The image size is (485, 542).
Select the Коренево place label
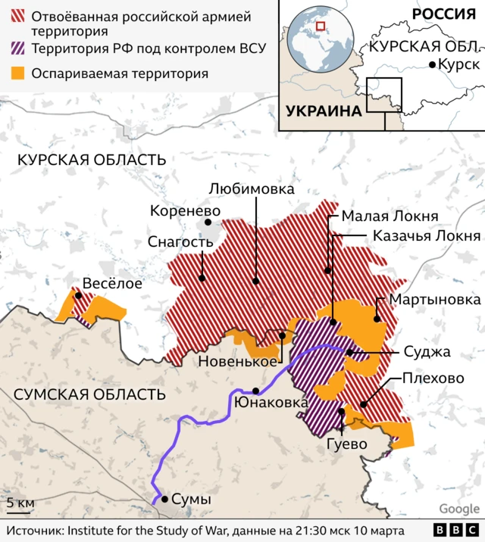[185, 211]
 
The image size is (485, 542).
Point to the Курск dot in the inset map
[432, 65]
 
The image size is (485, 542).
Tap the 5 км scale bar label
[21, 503]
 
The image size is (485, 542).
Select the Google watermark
[459, 509]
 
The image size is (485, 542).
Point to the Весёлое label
[112, 284]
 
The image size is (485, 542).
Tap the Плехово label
[433, 378]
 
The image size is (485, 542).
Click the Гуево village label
[347, 443]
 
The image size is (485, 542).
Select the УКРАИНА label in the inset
[323, 111]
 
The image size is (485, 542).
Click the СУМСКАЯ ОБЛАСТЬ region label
[90, 394]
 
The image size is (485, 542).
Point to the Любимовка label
[252, 188]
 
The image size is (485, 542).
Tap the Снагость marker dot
[202, 278]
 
